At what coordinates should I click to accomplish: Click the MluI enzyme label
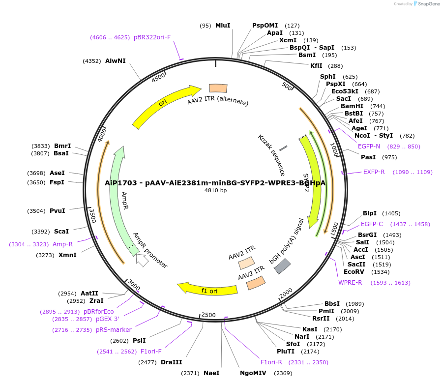click(223, 26)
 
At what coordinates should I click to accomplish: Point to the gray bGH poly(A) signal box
click(282, 266)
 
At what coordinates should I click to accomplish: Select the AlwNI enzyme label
click(116, 61)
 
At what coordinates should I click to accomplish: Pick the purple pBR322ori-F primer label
click(152, 37)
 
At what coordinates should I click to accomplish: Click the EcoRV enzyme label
click(354, 272)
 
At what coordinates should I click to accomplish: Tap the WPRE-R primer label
click(350, 282)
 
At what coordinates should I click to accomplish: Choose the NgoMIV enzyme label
click(253, 373)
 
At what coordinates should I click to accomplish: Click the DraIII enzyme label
click(172, 362)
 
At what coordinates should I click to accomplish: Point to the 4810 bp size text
click(215, 191)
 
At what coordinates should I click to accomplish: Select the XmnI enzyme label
click(67, 255)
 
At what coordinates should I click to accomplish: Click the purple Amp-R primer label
click(63, 244)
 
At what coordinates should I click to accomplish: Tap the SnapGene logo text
click(427, 4)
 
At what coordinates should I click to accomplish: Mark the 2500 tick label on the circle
click(208, 315)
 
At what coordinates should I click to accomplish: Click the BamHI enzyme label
click(352, 106)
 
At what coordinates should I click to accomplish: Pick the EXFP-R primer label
click(374, 172)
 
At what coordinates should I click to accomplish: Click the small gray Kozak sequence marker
click(283, 148)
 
